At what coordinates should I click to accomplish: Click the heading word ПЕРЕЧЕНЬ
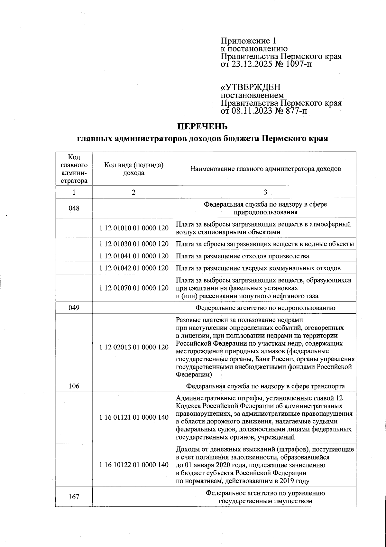(203, 126)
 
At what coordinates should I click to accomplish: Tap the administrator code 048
(74, 209)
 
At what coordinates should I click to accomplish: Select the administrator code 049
(74, 308)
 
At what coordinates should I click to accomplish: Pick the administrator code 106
(74, 386)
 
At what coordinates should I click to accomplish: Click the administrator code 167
(74, 497)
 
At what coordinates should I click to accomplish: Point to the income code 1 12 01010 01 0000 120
(134, 228)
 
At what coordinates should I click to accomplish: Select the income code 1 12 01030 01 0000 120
(134, 244)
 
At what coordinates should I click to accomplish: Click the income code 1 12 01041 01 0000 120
(134, 256)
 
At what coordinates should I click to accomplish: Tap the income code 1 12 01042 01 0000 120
(134, 268)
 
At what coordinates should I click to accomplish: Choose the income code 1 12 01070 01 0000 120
(134, 288)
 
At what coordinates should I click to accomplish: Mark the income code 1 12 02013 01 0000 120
(134, 347)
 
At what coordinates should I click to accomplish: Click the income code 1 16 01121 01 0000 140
(134, 417)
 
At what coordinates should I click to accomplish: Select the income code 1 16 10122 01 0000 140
(134, 465)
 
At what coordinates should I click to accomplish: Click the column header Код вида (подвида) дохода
(134, 169)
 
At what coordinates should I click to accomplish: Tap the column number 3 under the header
(265, 192)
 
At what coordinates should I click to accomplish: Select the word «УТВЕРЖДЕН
(250, 87)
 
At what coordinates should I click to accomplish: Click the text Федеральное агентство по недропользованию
(265, 308)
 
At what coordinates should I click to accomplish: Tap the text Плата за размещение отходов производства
(243, 256)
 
